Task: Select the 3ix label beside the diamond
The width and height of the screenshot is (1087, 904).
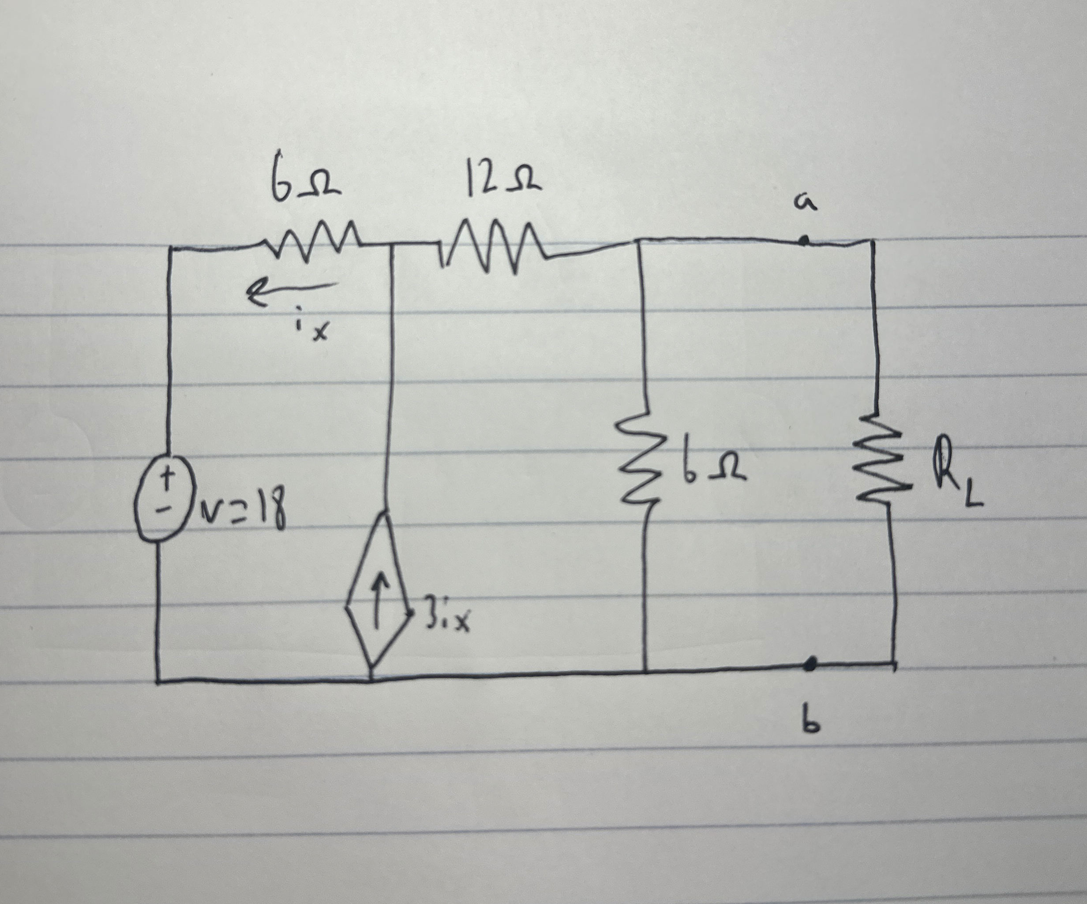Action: [448, 620]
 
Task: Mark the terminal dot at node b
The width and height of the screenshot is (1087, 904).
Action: [810, 663]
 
